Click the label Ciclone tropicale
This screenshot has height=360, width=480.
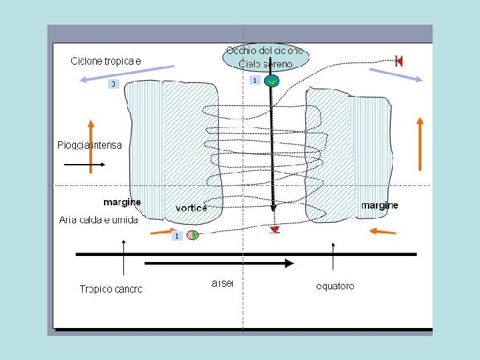[107, 61]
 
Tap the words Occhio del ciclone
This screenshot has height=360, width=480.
[265, 51]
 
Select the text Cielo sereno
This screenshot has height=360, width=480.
[265, 64]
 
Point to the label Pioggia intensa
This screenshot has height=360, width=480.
[89, 145]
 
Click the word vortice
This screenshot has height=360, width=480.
[191, 208]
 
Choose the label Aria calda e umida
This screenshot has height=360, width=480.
[98, 220]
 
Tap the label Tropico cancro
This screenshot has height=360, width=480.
[111, 289]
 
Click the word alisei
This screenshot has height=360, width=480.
[222, 284]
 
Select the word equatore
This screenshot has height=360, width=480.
[335, 287]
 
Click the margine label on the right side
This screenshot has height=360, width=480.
[379, 205]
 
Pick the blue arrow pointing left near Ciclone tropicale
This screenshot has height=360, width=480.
[126, 73]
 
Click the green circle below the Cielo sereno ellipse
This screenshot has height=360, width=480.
[271, 81]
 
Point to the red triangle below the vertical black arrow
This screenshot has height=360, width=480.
[274, 229]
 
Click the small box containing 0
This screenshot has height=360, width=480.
[114, 84]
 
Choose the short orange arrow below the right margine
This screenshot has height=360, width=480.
[383, 231]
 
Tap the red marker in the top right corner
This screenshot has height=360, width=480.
[399, 61]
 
